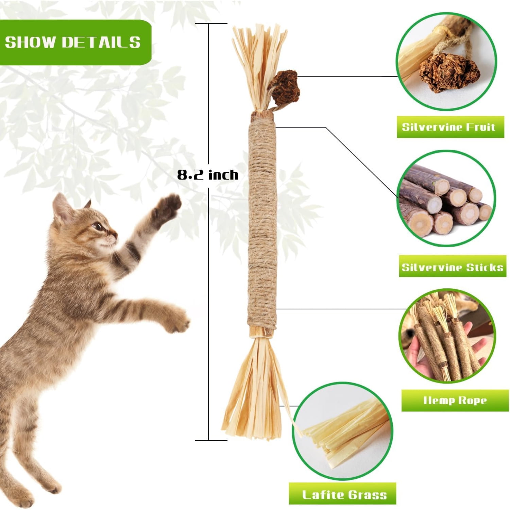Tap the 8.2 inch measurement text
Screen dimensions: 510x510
208,175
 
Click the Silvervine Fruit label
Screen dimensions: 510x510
450,127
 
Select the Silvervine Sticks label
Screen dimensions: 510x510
452,267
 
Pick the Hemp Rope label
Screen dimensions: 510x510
455,400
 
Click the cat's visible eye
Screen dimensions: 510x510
98,226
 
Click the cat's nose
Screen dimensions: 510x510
116,234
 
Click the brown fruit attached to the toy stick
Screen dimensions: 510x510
284,87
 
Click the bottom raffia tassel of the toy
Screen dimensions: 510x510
255,391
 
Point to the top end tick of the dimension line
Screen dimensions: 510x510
211,23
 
